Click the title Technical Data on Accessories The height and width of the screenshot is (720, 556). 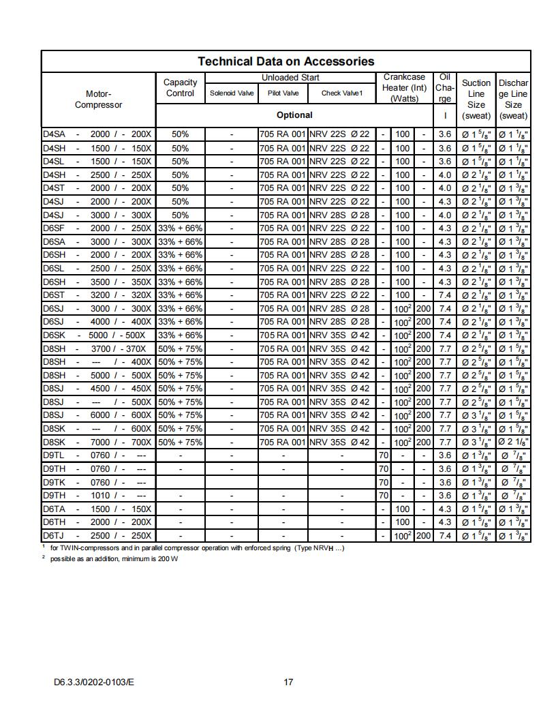(x=285, y=61)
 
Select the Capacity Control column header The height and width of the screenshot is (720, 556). (x=180, y=88)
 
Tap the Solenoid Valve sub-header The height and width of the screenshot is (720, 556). (x=232, y=93)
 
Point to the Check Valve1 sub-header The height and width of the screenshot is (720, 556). (x=342, y=93)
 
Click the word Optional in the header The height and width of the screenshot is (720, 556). (x=294, y=115)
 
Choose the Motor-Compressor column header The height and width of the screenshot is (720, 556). (x=98, y=100)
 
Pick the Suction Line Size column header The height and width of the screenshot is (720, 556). (x=476, y=99)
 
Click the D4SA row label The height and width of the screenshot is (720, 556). (x=55, y=134)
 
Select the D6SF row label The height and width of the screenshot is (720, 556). (x=55, y=228)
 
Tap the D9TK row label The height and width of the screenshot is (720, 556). (x=55, y=482)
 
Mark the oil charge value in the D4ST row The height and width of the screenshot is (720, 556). (x=445, y=187)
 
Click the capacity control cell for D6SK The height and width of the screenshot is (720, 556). (x=180, y=335)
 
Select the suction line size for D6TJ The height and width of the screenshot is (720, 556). (x=476, y=536)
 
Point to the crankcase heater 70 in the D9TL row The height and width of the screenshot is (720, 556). (x=384, y=455)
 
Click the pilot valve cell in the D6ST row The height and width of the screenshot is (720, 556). (x=283, y=295)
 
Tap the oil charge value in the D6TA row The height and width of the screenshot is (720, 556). (x=445, y=509)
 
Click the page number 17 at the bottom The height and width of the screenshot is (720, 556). (x=288, y=681)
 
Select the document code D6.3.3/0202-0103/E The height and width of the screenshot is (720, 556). (x=94, y=681)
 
